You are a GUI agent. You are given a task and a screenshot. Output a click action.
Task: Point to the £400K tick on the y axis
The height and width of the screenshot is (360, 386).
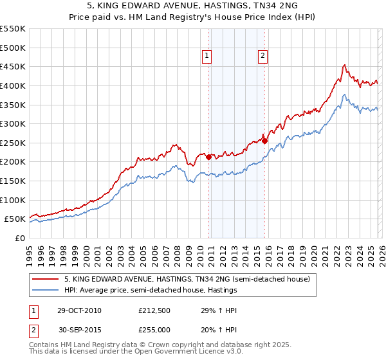pyautogui.click(x=13, y=85)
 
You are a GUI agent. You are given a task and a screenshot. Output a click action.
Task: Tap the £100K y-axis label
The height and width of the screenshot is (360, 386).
pyautogui.click(x=13, y=200)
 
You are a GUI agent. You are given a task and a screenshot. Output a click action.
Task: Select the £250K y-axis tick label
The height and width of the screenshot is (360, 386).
pyautogui.click(x=13, y=143)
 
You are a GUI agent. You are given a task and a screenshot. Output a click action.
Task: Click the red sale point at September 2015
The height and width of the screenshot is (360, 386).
pyautogui.click(x=264, y=141)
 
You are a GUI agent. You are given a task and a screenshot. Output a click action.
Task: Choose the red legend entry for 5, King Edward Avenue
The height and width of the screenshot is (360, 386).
pyautogui.click(x=187, y=279)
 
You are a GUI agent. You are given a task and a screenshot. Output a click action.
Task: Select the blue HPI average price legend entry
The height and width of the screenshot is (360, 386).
pyautogui.click(x=151, y=290)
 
